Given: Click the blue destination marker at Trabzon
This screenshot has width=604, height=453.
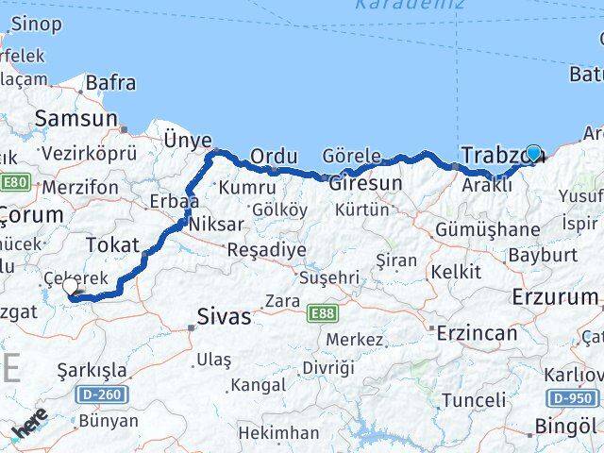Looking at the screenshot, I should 533,154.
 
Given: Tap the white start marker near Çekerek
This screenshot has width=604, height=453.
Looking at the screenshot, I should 70,290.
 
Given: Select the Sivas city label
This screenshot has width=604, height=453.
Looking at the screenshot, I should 225,317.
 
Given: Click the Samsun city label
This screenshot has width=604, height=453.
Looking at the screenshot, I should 75,119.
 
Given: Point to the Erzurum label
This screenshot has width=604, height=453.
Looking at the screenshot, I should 555,297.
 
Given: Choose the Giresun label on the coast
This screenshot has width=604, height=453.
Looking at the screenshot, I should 365,183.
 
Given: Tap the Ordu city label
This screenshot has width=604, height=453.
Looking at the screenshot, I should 275,156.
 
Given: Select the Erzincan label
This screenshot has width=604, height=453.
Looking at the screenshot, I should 477,333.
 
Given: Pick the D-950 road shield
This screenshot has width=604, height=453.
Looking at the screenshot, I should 571,398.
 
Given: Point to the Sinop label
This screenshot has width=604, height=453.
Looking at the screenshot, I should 36,24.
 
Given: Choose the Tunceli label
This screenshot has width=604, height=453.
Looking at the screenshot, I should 473,400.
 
